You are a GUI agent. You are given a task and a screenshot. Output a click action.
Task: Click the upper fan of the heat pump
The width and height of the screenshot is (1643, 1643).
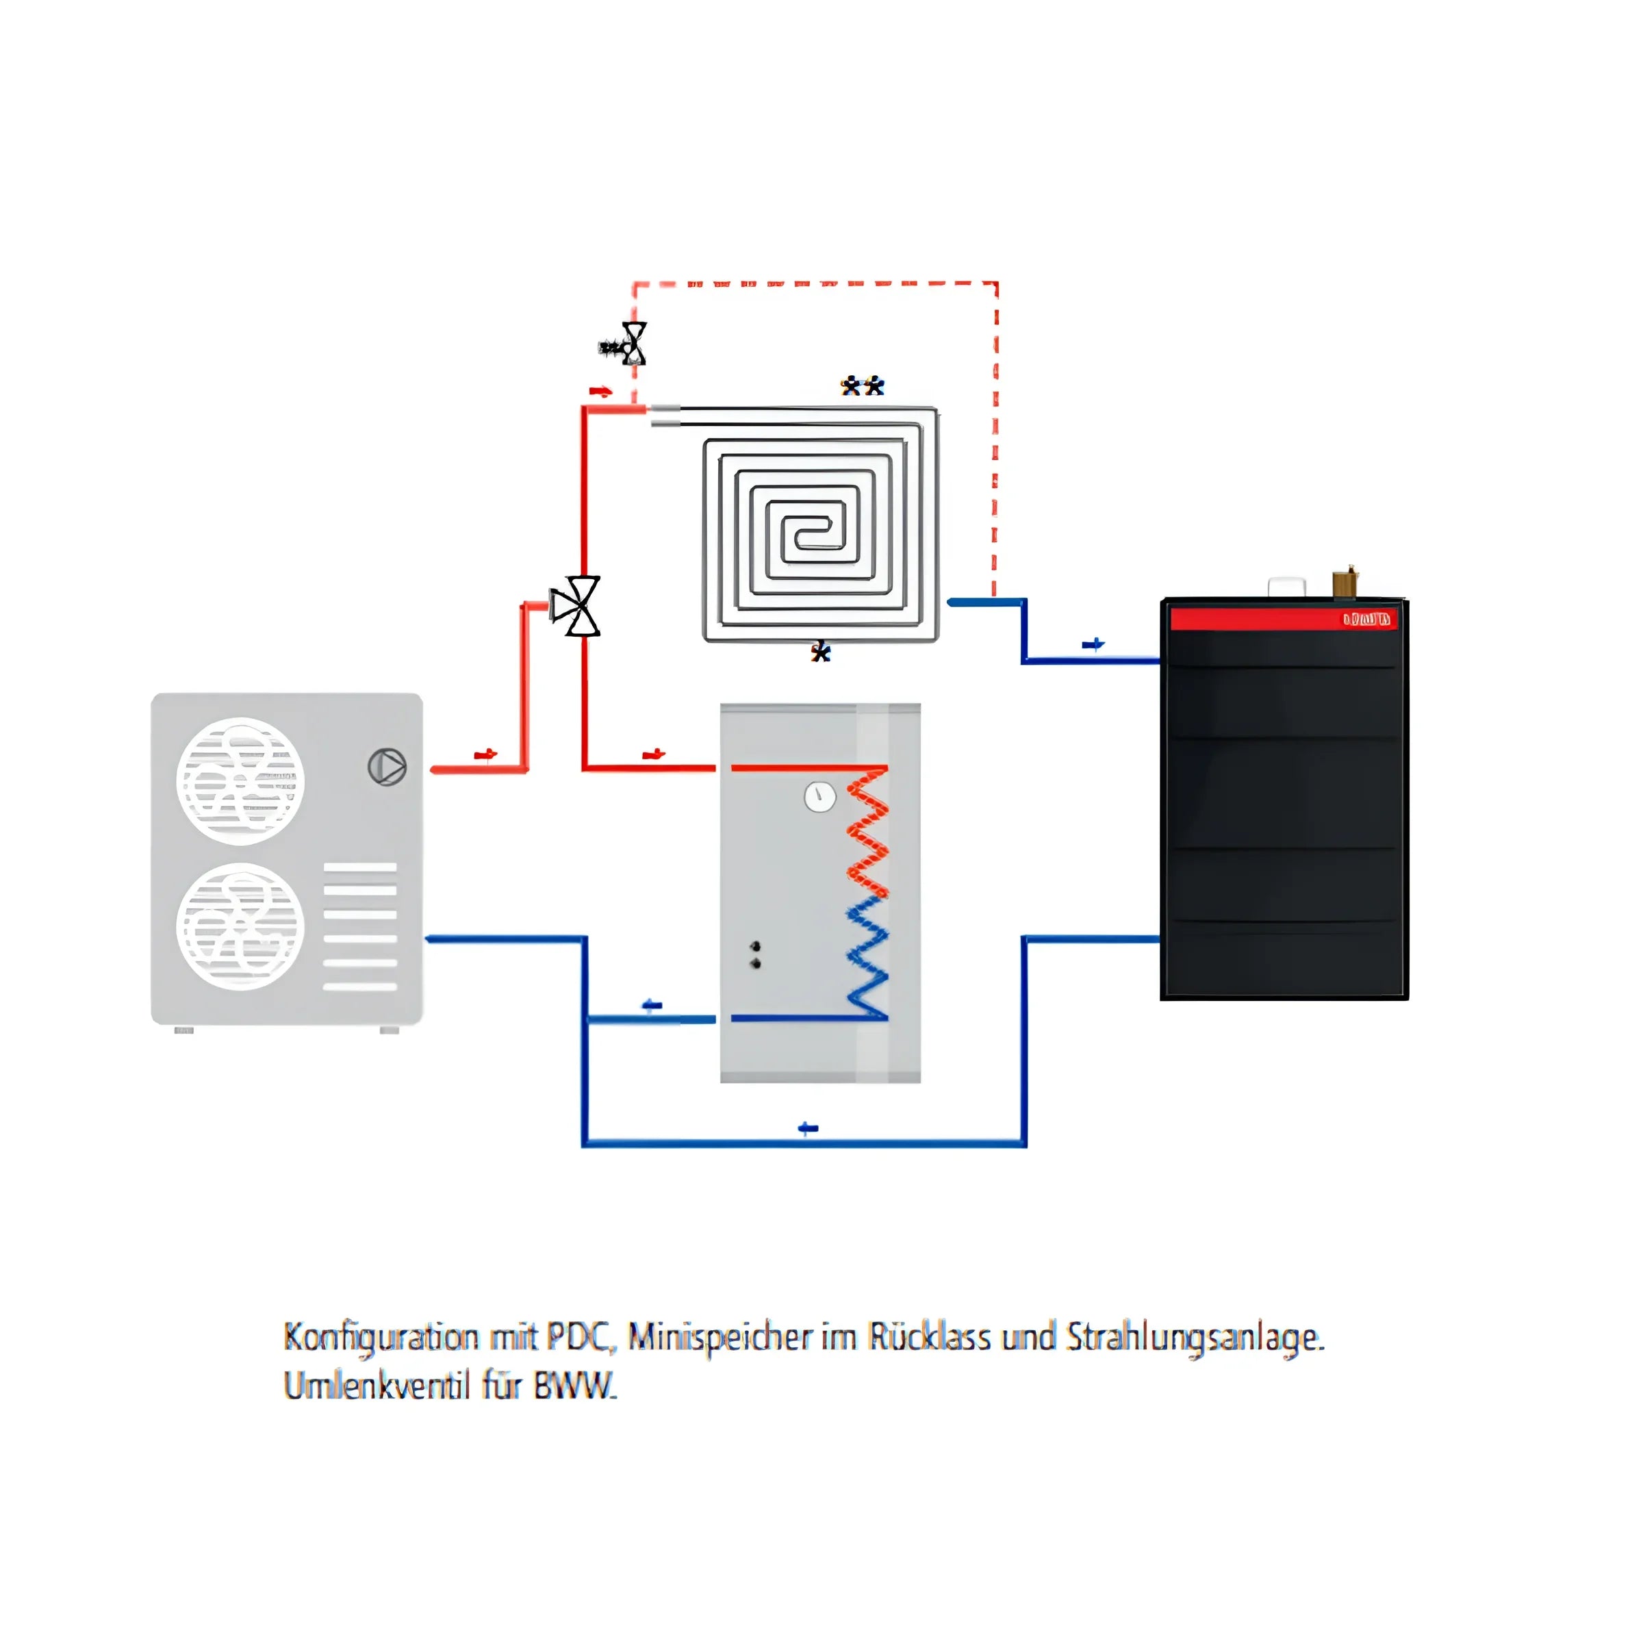241,780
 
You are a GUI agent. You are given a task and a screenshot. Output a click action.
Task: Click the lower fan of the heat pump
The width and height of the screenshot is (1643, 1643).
241,926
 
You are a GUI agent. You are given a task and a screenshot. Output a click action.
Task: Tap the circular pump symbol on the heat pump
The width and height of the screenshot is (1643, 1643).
387,767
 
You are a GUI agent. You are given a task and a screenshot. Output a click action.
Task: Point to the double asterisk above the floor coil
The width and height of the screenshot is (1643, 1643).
863,386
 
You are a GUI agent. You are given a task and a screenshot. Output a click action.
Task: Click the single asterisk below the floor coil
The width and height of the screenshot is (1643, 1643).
820,652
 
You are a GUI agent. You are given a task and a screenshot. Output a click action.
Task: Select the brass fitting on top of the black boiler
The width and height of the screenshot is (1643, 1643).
1344,583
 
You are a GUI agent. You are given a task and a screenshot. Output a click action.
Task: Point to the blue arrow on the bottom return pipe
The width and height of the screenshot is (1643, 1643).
808,1128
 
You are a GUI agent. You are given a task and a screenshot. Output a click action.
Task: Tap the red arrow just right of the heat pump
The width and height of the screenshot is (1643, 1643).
485,754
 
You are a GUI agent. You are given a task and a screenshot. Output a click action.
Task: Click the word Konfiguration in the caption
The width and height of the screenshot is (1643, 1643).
381,1338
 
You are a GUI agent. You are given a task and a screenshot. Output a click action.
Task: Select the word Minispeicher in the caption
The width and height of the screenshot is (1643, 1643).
719,1338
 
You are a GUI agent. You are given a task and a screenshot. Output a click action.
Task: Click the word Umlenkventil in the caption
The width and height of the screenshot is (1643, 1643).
377,1386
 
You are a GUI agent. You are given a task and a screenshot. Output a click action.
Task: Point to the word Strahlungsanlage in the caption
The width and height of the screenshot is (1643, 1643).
1195,1338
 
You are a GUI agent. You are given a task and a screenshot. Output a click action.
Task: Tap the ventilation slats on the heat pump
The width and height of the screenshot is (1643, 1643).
359,927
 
